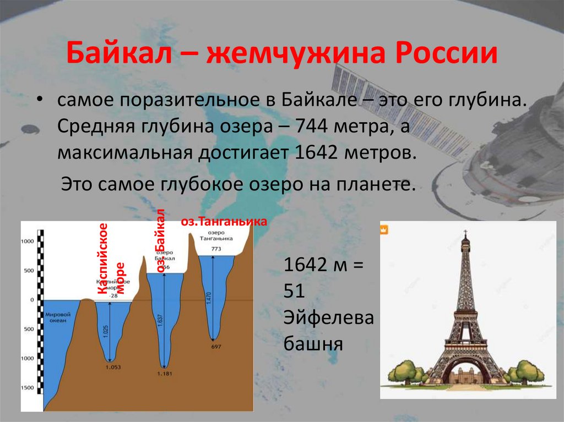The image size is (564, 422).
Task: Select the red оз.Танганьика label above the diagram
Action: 224,222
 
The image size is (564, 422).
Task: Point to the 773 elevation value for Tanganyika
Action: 216,249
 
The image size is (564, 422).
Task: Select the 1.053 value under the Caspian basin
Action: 112,367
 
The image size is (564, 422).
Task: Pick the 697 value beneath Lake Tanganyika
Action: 216,347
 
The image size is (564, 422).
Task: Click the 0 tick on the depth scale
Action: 32,300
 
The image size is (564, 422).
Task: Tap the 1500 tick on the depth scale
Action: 28,388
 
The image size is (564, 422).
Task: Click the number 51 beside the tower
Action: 295,291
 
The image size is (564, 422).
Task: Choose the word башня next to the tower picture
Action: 313,344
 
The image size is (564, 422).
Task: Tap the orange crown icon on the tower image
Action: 385,229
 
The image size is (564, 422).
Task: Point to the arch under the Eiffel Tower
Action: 466,369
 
